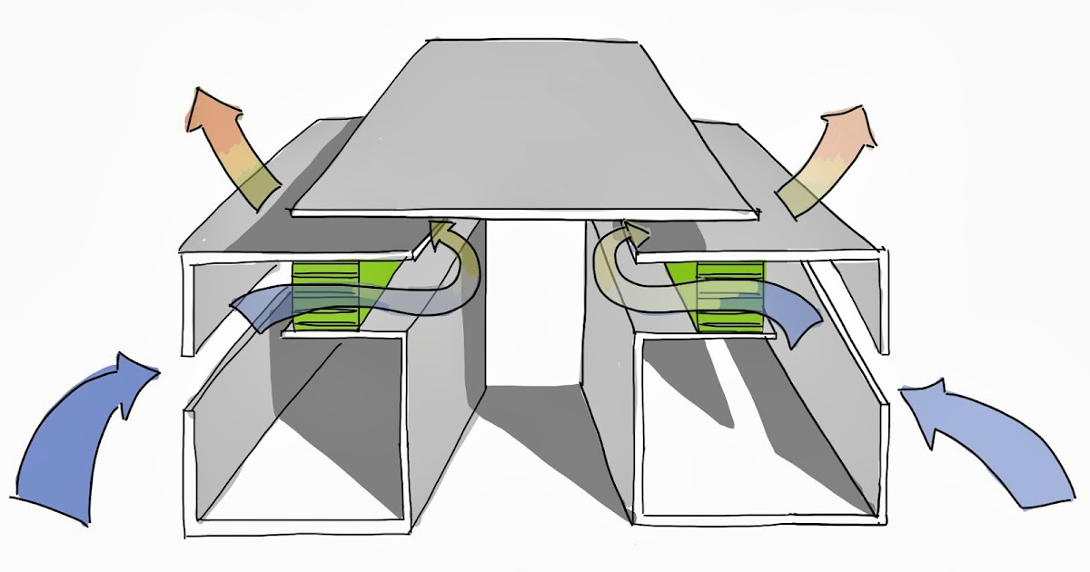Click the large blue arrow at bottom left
pos(73,445)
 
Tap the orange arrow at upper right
pos(827,159)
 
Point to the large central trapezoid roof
pos(527,127)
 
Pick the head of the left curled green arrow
pos(443,234)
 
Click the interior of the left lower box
pos(300,436)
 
